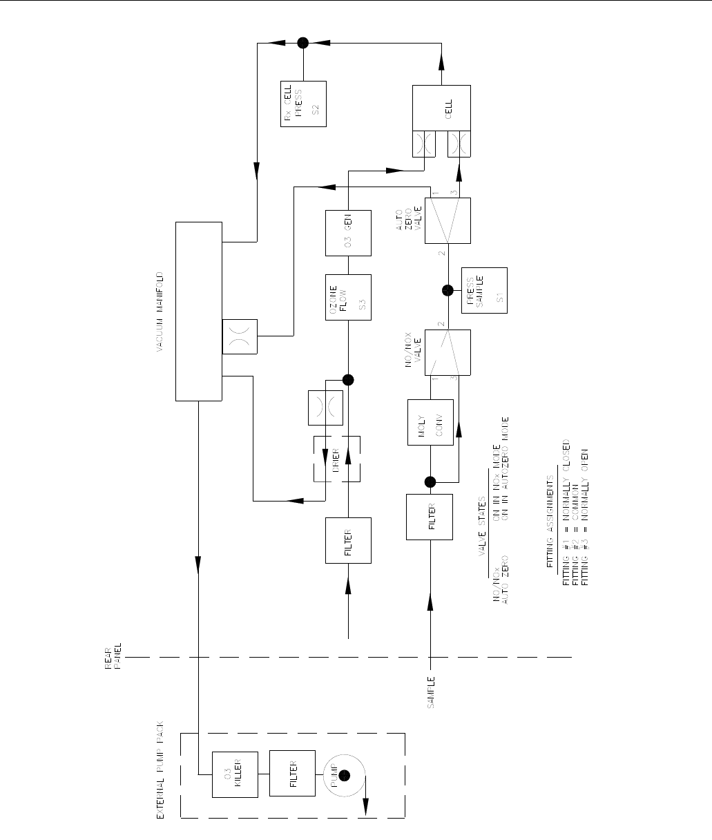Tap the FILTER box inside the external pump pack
tap(289, 773)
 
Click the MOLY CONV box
tap(430, 422)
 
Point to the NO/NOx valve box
tap(448, 353)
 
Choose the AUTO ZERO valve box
tap(448, 220)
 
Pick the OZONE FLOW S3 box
tap(349, 298)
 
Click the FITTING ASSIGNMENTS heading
tap(550, 521)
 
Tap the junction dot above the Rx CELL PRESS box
tap(302, 42)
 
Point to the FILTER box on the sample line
tap(430, 517)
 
